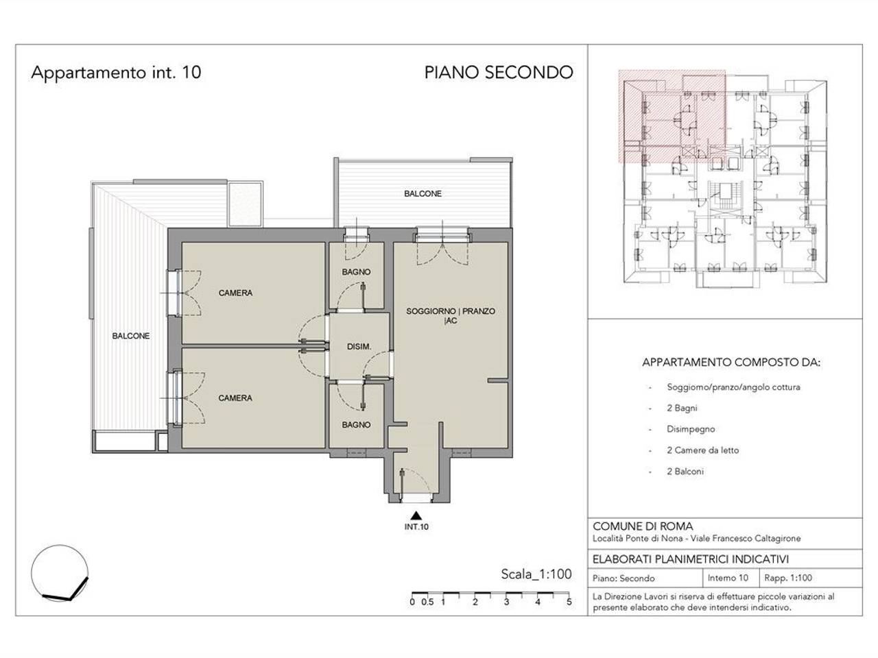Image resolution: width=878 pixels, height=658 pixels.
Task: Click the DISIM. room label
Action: point(359,347)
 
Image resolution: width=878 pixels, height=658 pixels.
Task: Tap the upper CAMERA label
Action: point(235,293)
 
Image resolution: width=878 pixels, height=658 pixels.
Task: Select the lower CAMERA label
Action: point(235,398)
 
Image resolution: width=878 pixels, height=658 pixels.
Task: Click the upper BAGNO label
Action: point(356,272)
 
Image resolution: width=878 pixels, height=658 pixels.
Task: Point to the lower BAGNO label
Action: point(356,425)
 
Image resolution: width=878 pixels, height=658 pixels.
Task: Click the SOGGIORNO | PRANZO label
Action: point(451,310)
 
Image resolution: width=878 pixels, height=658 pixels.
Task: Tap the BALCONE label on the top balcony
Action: point(423,194)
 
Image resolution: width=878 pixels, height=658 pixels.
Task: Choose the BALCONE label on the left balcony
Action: point(131,336)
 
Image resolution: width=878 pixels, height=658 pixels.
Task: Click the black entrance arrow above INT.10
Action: point(416,515)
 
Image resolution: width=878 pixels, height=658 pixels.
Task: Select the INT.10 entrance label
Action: point(416,527)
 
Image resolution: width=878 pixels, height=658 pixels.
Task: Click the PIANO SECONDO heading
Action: point(499,73)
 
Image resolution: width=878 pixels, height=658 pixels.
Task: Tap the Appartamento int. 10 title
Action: point(116,73)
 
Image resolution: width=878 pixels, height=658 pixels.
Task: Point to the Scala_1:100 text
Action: point(536,574)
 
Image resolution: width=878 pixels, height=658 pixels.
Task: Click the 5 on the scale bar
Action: point(569,602)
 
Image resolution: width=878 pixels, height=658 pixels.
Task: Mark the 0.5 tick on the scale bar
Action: point(427,602)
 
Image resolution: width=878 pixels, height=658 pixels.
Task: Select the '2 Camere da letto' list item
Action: point(702,450)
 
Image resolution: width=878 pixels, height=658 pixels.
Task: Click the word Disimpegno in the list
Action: point(691,430)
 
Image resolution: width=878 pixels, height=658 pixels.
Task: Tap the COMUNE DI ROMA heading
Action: point(643,526)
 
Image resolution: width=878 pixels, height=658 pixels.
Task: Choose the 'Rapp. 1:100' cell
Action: point(788,578)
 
